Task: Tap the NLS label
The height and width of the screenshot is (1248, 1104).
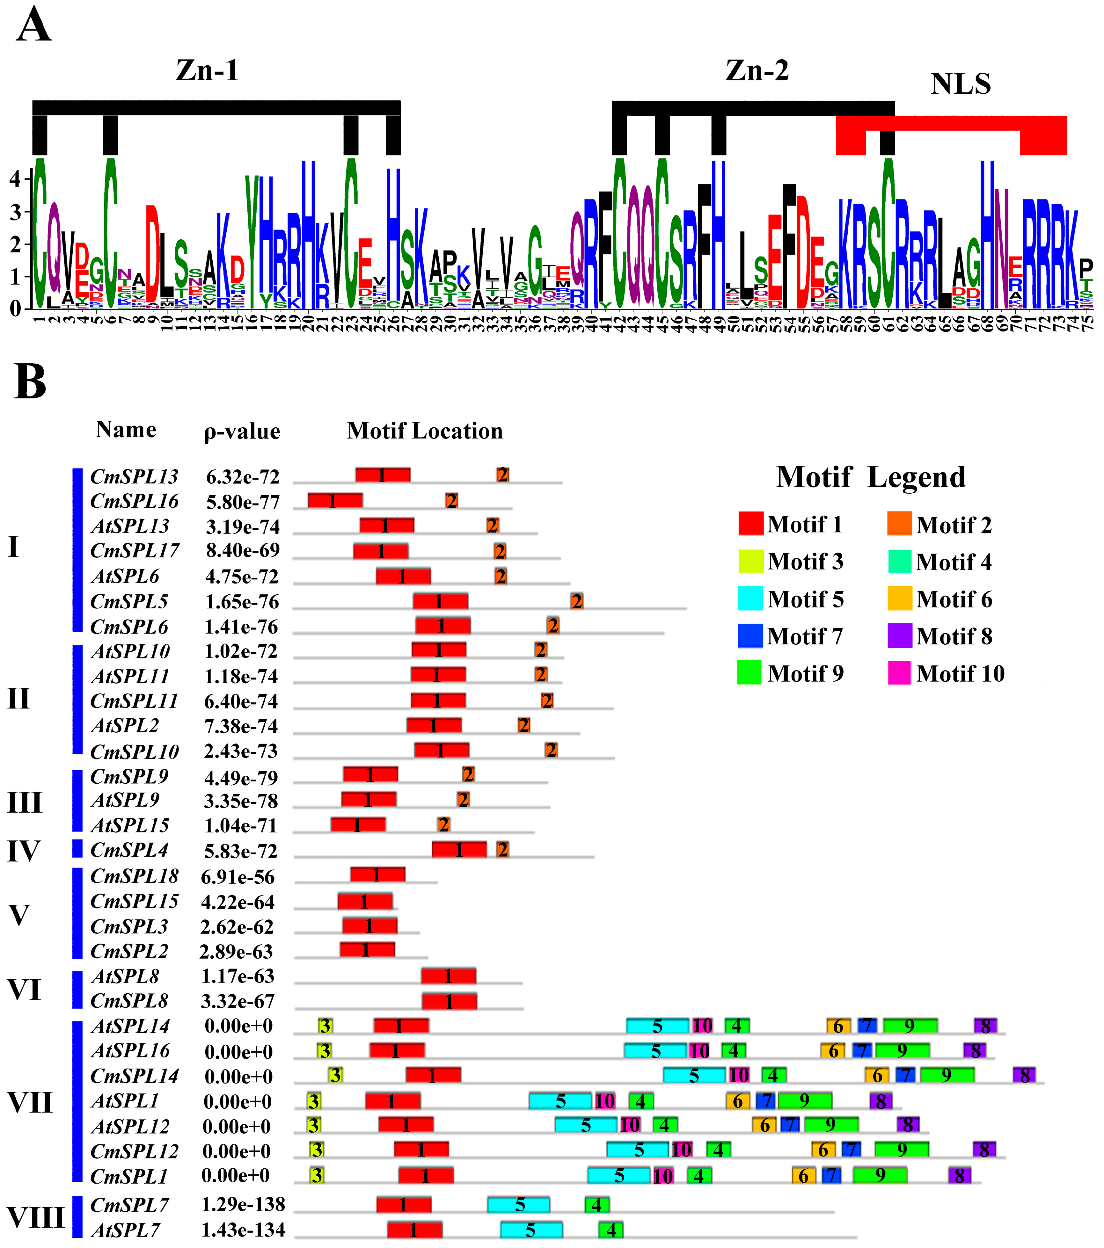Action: (961, 84)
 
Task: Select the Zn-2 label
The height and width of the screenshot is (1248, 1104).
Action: (757, 71)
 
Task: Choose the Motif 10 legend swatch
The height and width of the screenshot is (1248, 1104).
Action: (899, 673)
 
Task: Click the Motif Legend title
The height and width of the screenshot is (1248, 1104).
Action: (871, 477)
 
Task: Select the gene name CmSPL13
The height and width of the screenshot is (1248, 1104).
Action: (134, 476)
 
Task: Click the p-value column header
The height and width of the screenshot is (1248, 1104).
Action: (242, 431)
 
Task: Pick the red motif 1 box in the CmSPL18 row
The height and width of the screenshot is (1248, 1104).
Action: (377, 874)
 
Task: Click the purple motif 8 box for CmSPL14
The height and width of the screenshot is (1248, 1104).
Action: (1024, 1075)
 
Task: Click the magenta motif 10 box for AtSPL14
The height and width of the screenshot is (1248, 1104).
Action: (702, 1026)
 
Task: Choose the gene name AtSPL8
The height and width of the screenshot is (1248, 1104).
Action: (125, 976)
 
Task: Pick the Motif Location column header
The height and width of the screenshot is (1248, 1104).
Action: (425, 431)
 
